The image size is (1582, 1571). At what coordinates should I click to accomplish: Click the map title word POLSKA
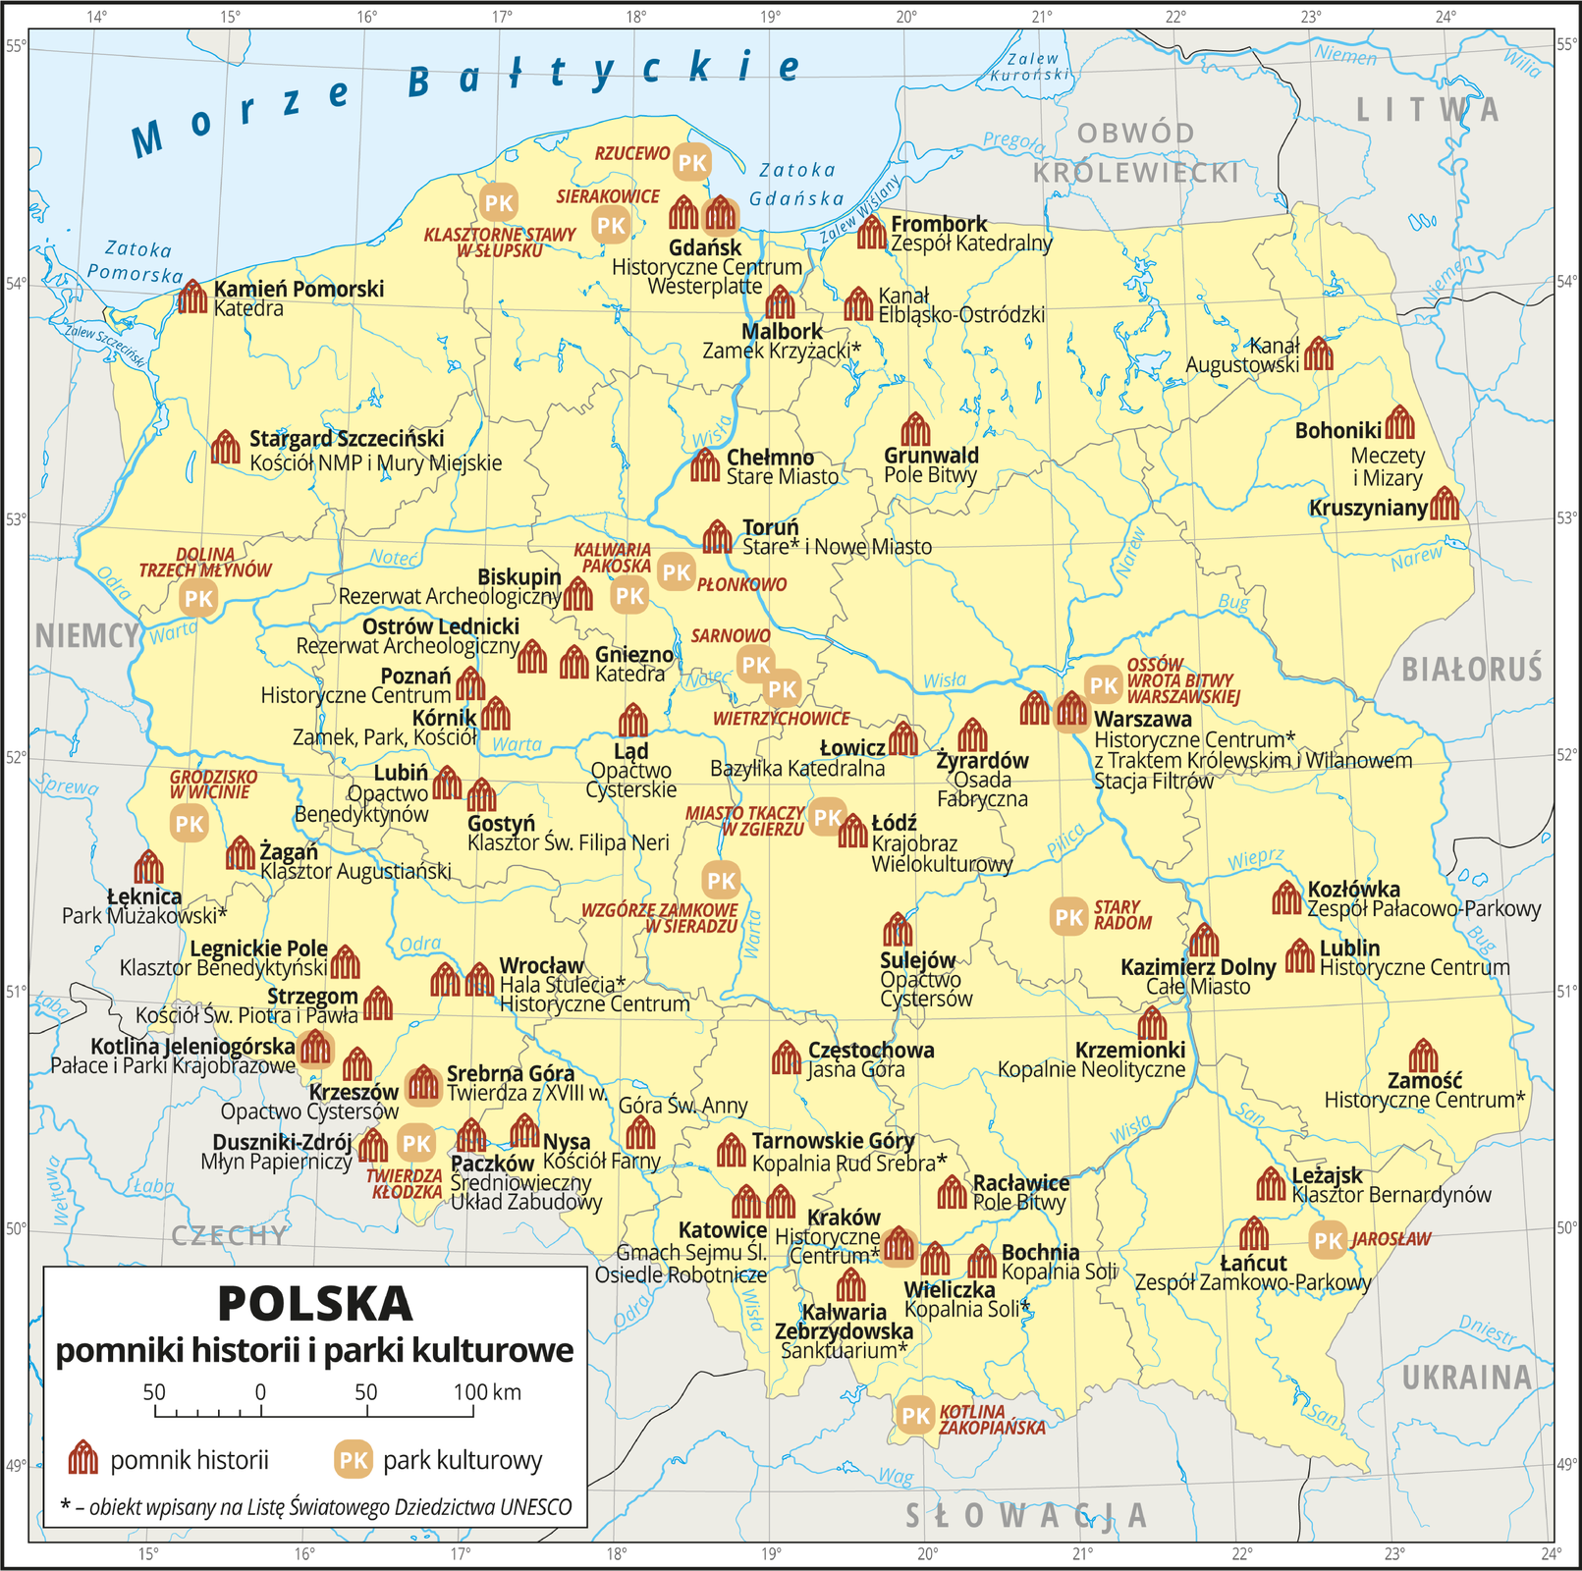tap(314, 1304)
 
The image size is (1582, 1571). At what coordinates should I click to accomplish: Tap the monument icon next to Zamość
tap(1423, 1056)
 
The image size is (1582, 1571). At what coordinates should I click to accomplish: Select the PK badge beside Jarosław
tap(1328, 1240)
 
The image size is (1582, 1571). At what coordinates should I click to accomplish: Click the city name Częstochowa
tap(871, 1050)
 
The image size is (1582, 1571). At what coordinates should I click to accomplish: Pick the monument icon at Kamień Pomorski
tap(192, 297)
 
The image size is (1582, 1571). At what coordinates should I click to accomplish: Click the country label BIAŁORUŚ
tap(1471, 670)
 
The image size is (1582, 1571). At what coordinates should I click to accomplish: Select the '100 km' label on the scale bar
tap(487, 1391)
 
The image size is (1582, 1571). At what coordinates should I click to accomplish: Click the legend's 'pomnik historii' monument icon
tap(83, 1459)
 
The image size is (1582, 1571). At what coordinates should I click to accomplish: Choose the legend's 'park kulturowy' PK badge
tap(353, 1460)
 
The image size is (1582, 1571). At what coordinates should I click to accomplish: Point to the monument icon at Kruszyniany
tap(1445, 504)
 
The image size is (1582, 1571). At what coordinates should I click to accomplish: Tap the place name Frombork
tap(939, 224)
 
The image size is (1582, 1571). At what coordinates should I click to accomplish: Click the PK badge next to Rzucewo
tap(692, 162)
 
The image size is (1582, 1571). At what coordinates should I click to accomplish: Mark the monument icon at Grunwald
tap(915, 429)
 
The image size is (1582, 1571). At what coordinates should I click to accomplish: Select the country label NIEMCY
tap(86, 636)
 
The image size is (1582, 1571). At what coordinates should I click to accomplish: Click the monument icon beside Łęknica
tap(148, 867)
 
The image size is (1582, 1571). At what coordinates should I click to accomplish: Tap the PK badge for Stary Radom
tap(1068, 917)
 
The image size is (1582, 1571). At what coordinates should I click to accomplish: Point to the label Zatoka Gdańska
tap(796, 185)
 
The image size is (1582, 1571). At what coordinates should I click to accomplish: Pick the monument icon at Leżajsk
tap(1271, 1184)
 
